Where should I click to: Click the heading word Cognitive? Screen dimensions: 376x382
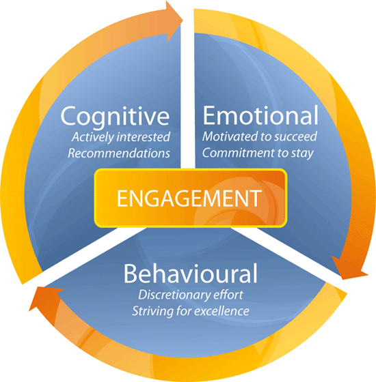pyautogui.click(x=115, y=117)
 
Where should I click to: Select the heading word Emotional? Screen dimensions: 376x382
pyautogui.click(x=260, y=115)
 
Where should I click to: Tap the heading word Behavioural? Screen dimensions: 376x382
pyautogui.click(x=191, y=273)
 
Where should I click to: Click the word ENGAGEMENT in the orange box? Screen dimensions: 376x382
pyautogui.click(x=189, y=199)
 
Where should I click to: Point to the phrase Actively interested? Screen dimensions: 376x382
pyautogui.click(x=121, y=137)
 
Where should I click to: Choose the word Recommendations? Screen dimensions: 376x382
pyautogui.click(x=119, y=153)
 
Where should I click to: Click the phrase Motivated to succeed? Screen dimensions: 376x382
pyautogui.click(x=260, y=136)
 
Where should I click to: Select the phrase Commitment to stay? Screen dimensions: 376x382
pyautogui.click(x=258, y=153)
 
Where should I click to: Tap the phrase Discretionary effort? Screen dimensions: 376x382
pyautogui.click(x=191, y=295)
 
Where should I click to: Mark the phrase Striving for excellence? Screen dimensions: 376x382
pyautogui.click(x=191, y=311)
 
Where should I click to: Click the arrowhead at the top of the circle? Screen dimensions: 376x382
pyautogui.click(x=174, y=21)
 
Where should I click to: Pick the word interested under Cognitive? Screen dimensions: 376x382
pyautogui.click(x=144, y=137)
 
